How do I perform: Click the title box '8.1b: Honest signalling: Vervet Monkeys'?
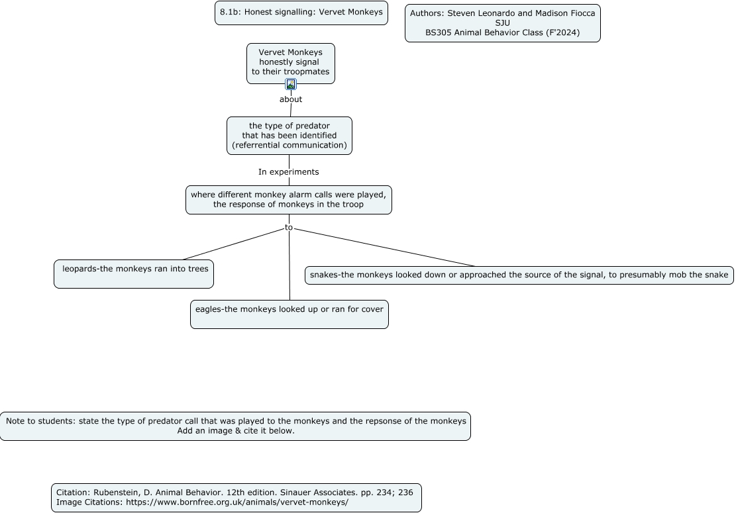click(301, 13)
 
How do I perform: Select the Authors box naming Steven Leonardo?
click(503, 23)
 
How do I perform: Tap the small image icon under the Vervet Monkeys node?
click(291, 85)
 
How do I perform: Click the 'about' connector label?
click(291, 99)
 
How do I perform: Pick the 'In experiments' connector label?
click(289, 172)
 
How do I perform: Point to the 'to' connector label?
click(289, 228)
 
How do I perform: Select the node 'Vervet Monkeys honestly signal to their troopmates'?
click(291, 64)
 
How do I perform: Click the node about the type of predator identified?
click(289, 136)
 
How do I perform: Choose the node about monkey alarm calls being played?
click(289, 200)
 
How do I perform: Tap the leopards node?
click(134, 274)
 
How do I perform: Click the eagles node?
click(289, 314)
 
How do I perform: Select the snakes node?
click(519, 275)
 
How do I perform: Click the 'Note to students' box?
click(235, 426)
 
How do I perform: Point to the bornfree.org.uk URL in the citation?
click(237, 502)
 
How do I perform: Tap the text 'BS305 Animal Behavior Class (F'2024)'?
click(503, 33)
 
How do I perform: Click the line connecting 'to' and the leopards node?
click(233, 244)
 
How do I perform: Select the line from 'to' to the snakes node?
click(384, 248)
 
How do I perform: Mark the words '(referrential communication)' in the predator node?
click(289, 146)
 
